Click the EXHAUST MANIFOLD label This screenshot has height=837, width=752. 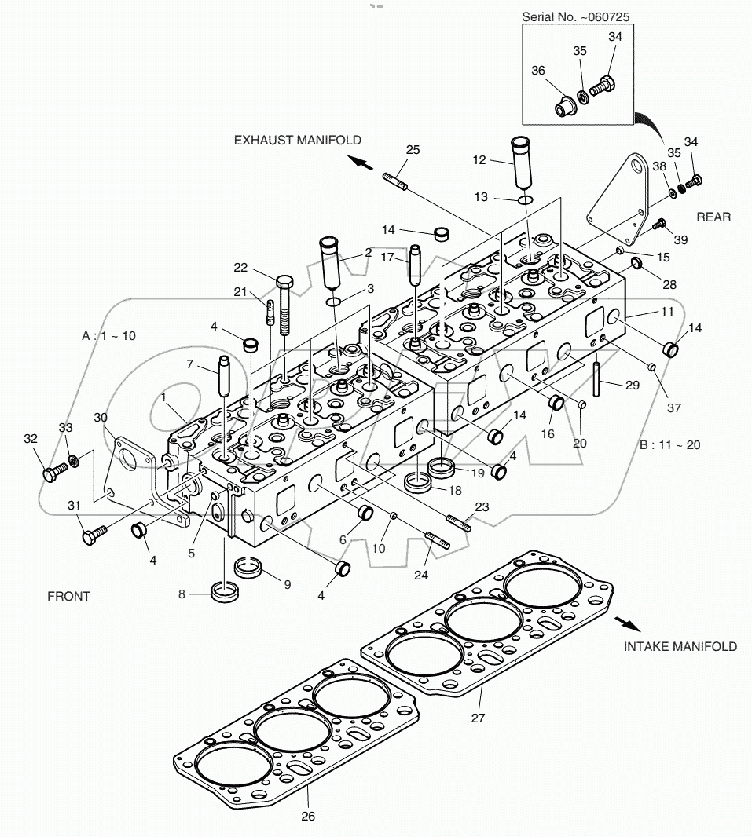(x=297, y=141)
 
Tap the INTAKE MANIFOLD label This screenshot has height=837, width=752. (x=680, y=646)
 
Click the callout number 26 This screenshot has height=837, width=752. (x=308, y=816)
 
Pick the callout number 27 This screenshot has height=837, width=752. (x=478, y=717)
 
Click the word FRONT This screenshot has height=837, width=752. (x=69, y=596)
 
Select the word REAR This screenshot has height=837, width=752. (x=713, y=217)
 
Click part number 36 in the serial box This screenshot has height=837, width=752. (x=538, y=71)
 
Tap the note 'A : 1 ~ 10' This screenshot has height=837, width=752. (x=108, y=335)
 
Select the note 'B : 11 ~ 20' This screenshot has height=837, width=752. (x=669, y=444)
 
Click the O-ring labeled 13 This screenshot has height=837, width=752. (x=528, y=199)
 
